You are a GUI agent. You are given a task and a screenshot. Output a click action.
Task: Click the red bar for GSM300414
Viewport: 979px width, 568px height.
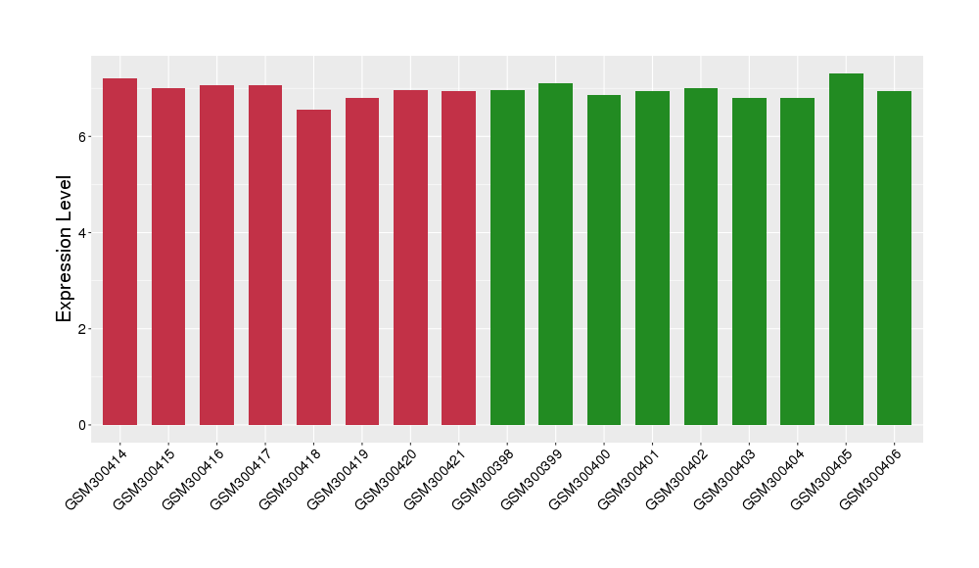click(x=119, y=252)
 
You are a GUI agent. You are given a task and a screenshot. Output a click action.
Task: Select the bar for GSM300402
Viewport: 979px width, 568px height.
click(x=701, y=257)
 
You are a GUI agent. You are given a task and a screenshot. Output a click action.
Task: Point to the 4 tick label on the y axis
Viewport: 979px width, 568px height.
click(x=85, y=232)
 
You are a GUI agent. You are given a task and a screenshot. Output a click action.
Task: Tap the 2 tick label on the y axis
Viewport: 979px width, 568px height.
click(x=85, y=328)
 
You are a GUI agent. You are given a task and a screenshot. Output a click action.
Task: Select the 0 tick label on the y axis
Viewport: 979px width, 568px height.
click(x=85, y=425)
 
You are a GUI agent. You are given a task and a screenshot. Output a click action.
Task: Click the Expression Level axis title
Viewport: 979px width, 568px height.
click(x=65, y=248)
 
